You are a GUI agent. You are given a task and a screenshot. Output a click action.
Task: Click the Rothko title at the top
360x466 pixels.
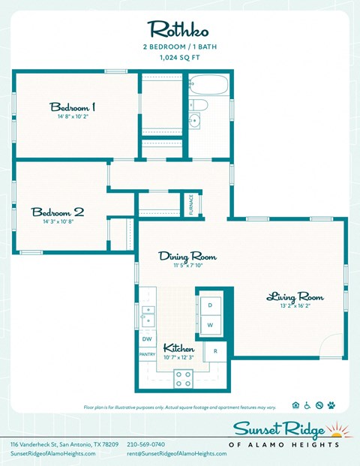(179, 29)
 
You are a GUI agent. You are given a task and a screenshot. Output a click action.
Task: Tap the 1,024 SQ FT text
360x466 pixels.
(179, 56)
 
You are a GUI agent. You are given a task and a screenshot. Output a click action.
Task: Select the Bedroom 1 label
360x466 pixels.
(72, 107)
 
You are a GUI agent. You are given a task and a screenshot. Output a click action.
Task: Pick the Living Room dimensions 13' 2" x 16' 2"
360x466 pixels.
(295, 305)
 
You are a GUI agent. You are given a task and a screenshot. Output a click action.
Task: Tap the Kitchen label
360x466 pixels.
(179, 348)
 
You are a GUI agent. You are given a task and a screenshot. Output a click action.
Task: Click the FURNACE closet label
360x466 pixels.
(191, 204)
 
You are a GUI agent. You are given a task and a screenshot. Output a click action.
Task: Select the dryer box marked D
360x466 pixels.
(210, 305)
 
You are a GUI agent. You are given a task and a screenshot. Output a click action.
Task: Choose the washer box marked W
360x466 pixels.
(210, 325)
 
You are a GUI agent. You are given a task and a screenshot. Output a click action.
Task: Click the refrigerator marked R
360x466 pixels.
(216, 350)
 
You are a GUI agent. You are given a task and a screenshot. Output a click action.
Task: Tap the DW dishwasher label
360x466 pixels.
(146, 338)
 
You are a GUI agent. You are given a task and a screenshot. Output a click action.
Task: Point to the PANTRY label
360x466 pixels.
(147, 354)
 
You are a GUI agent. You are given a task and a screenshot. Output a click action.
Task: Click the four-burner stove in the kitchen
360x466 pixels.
(184, 377)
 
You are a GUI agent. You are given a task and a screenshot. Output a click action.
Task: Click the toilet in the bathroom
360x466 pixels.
(196, 104)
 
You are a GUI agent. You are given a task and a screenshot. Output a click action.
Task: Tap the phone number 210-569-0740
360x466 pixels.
(145, 445)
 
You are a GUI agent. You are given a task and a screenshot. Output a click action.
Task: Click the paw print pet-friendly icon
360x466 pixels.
(331, 405)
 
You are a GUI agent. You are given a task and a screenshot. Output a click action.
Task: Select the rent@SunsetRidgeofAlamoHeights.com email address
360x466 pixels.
(176, 454)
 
